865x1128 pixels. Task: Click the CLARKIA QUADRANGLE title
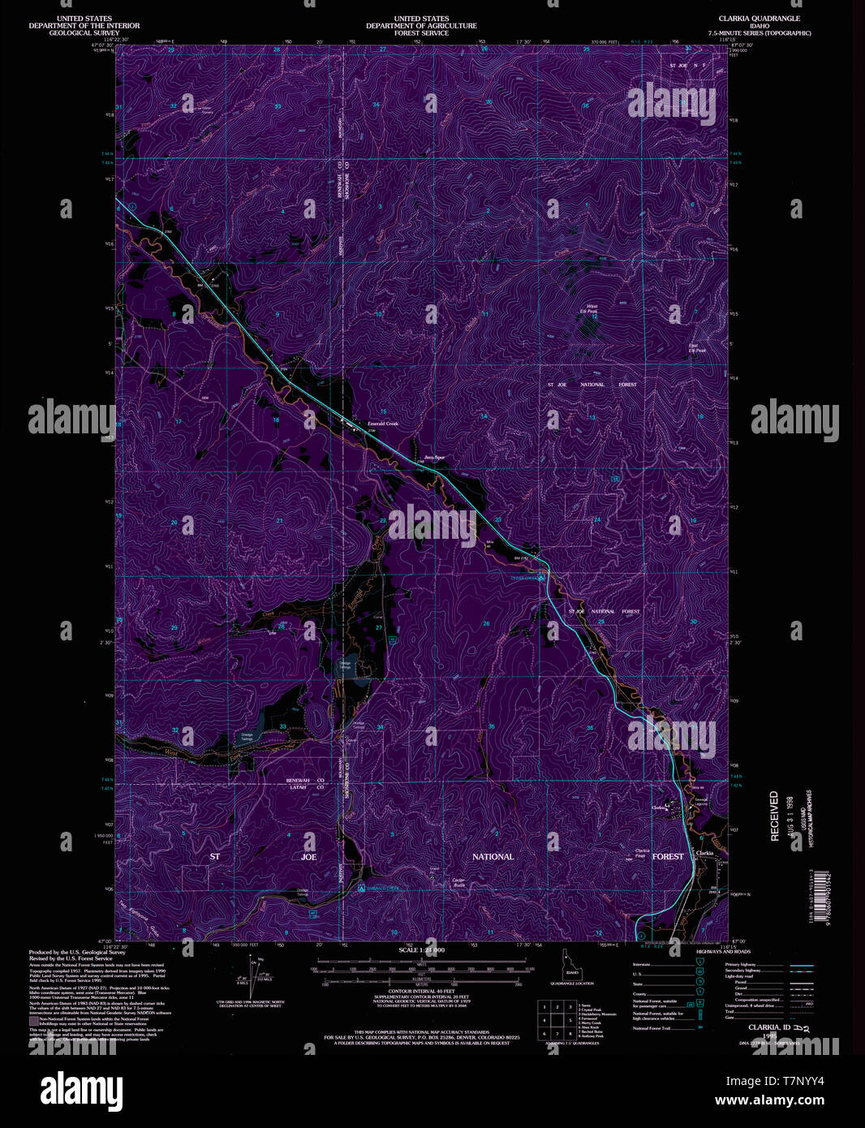(x=759, y=18)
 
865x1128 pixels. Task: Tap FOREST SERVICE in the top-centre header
(x=421, y=33)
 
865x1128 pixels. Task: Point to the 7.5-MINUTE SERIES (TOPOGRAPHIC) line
(x=759, y=33)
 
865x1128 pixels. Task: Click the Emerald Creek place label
(x=383, y=424)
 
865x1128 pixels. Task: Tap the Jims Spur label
(x=435, y=457)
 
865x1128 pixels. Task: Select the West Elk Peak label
(x=592, y=309)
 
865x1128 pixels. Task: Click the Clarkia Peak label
(x=640, y=854)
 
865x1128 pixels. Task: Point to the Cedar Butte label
(x=458, y=882)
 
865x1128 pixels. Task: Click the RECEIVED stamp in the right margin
(x=774, y=816)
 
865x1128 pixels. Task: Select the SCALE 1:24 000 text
(x=421, y=949)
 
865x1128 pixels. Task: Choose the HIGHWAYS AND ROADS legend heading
(x=724, y=951)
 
